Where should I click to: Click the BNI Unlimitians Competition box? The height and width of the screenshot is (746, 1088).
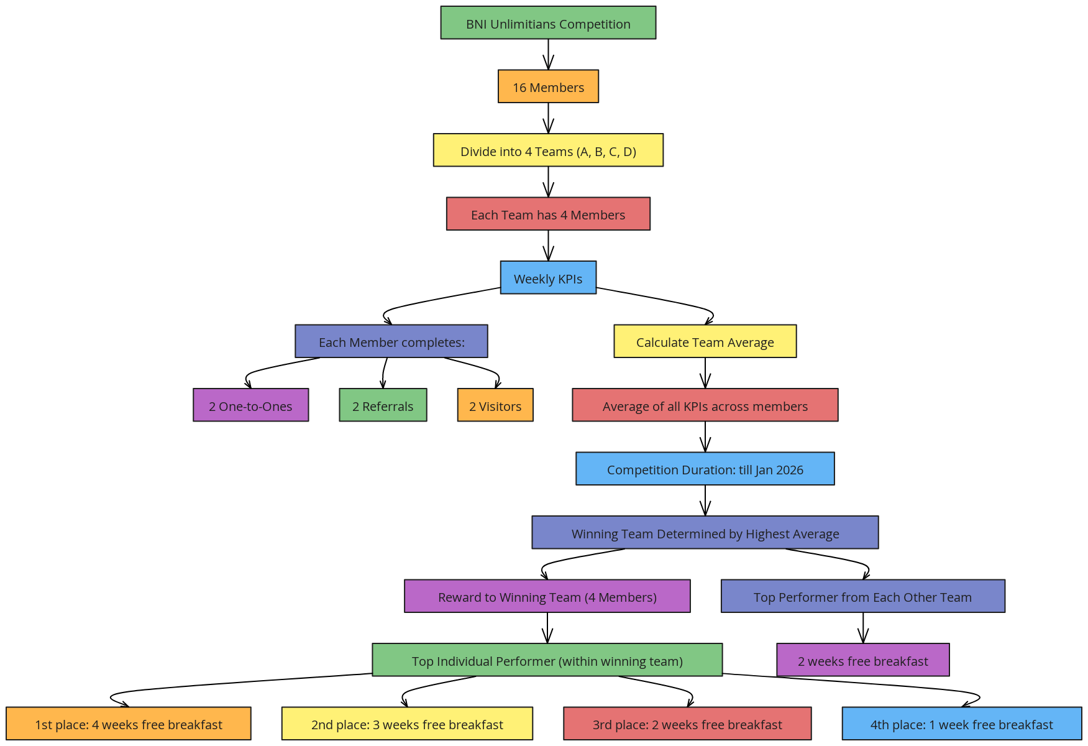tap(548, 23)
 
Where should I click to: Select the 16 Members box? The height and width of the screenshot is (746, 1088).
tap(548, 86)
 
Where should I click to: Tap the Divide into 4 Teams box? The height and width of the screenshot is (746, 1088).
tap(548, 150)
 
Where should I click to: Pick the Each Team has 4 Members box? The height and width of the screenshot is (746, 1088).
tap(548, 214)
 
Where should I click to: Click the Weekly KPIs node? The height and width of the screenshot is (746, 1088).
tap(548, 277)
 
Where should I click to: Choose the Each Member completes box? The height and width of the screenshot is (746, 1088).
tap(391, 341)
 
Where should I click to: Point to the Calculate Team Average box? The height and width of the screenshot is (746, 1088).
tap(705, 341)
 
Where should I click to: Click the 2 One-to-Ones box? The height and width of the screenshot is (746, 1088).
tap(250, 405)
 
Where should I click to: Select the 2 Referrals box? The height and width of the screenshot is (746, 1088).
tap(383, 405)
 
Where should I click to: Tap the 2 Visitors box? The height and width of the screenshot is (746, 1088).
tap(495, 405)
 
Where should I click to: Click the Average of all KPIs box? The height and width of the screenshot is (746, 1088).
tap(705, 405)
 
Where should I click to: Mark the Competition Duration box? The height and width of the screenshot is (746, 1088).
tap(705, 469)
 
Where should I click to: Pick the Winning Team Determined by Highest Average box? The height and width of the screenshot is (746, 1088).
tap(705, 532)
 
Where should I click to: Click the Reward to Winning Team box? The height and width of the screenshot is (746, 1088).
tap(547, 596)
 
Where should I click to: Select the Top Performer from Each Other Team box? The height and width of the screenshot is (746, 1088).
tap(863, 596)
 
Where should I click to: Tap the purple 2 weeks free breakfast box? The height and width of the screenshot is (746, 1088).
tap(863, 660)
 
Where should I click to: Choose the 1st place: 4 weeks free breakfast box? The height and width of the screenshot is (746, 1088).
tap(129, 724)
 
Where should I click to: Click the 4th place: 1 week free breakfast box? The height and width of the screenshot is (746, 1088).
tap(962, 724)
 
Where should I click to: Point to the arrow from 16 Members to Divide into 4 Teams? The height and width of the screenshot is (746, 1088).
tap(548, 118)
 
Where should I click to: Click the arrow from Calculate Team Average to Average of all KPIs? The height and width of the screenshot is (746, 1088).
tap(705, 373)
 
